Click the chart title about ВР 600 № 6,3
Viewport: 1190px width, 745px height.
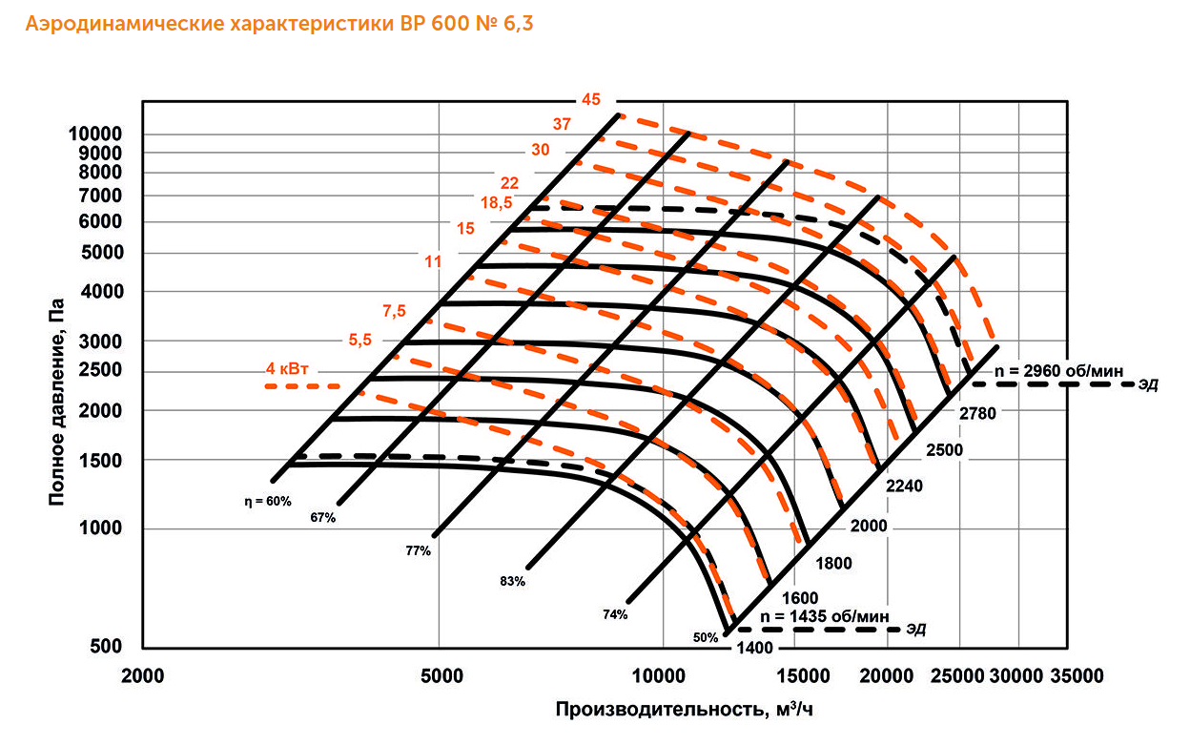pos(279,25)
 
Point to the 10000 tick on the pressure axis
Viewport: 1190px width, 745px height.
pos(95,134)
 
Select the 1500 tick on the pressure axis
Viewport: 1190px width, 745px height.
pos(103,461)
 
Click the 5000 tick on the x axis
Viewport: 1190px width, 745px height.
pos(441,676)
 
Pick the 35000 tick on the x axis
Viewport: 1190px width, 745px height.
pos(1077,676)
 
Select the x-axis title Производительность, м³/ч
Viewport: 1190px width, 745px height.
pos(685,711)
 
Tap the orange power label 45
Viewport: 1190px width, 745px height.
pos(591,99)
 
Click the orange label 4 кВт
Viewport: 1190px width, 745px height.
pos(293,368)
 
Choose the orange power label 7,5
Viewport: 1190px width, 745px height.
pos(395,311)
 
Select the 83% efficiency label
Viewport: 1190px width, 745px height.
pos(512,581)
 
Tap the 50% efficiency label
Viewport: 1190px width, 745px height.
pos(706,638)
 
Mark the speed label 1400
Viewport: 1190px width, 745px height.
pos(752,650)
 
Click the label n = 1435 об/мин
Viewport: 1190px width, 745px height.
pos(826,616)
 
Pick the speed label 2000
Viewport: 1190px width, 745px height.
pos(869,526)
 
